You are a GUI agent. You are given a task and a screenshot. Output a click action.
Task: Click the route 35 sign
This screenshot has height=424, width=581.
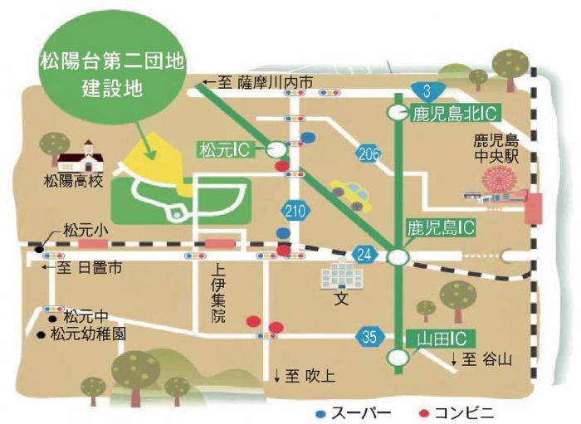coord(369,336)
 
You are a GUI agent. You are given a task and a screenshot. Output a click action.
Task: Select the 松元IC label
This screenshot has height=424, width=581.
coord(227,149)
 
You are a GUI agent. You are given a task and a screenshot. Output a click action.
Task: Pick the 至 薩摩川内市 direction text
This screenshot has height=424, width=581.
coord(258,82)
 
